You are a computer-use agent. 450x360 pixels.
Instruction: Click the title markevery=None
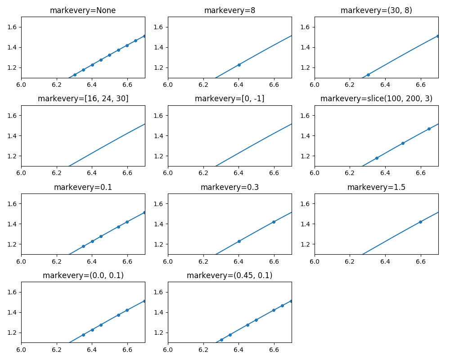pos(83,10)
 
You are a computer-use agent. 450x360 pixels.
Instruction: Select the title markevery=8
pos(229,10)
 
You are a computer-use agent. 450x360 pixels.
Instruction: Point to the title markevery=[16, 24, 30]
pos(83,99)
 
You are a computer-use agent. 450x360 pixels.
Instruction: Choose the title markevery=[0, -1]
pos(229,99)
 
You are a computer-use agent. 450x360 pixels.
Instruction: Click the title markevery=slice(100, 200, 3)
pos(376,99)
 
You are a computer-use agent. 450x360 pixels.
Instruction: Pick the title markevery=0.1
pos(83,187)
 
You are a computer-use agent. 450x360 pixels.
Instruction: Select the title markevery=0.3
pos(229,187)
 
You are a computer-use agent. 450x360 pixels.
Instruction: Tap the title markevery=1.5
pos(376,187)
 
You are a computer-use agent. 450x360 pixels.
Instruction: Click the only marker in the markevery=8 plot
pos(239,65)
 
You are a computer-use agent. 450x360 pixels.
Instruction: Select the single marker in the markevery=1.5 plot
pos(420,222)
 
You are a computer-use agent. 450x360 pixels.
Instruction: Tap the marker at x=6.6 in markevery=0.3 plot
pos(274,222)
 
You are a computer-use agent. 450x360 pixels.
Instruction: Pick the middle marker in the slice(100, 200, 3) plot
pos(403,143)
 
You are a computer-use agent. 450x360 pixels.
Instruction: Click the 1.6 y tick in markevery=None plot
pos(12,27)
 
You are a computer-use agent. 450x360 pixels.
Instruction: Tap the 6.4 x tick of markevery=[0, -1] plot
pos(238,173)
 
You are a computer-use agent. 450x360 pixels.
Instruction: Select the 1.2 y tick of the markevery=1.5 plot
pos(306,244)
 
